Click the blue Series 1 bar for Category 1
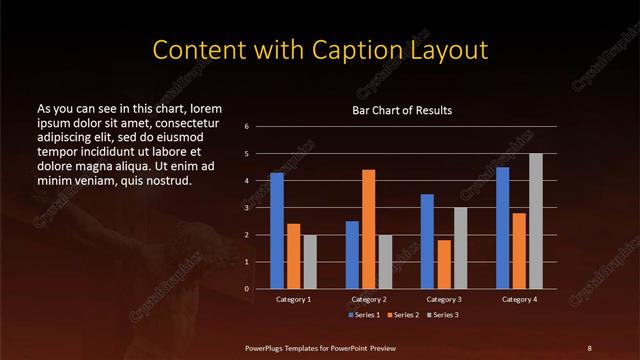tap(277, 231)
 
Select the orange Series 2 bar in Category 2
tap(369, 229)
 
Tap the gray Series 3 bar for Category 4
tap(536, 221)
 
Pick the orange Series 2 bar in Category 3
tap(444, 264)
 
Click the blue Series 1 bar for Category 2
tap(352, 255)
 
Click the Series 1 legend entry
tap(363, 315)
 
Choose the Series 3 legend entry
tap(445, 315)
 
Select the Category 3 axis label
tap(444, 299)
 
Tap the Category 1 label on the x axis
tap(293, 299)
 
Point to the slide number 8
tap(589, 347)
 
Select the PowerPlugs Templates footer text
tap(319, 347)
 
